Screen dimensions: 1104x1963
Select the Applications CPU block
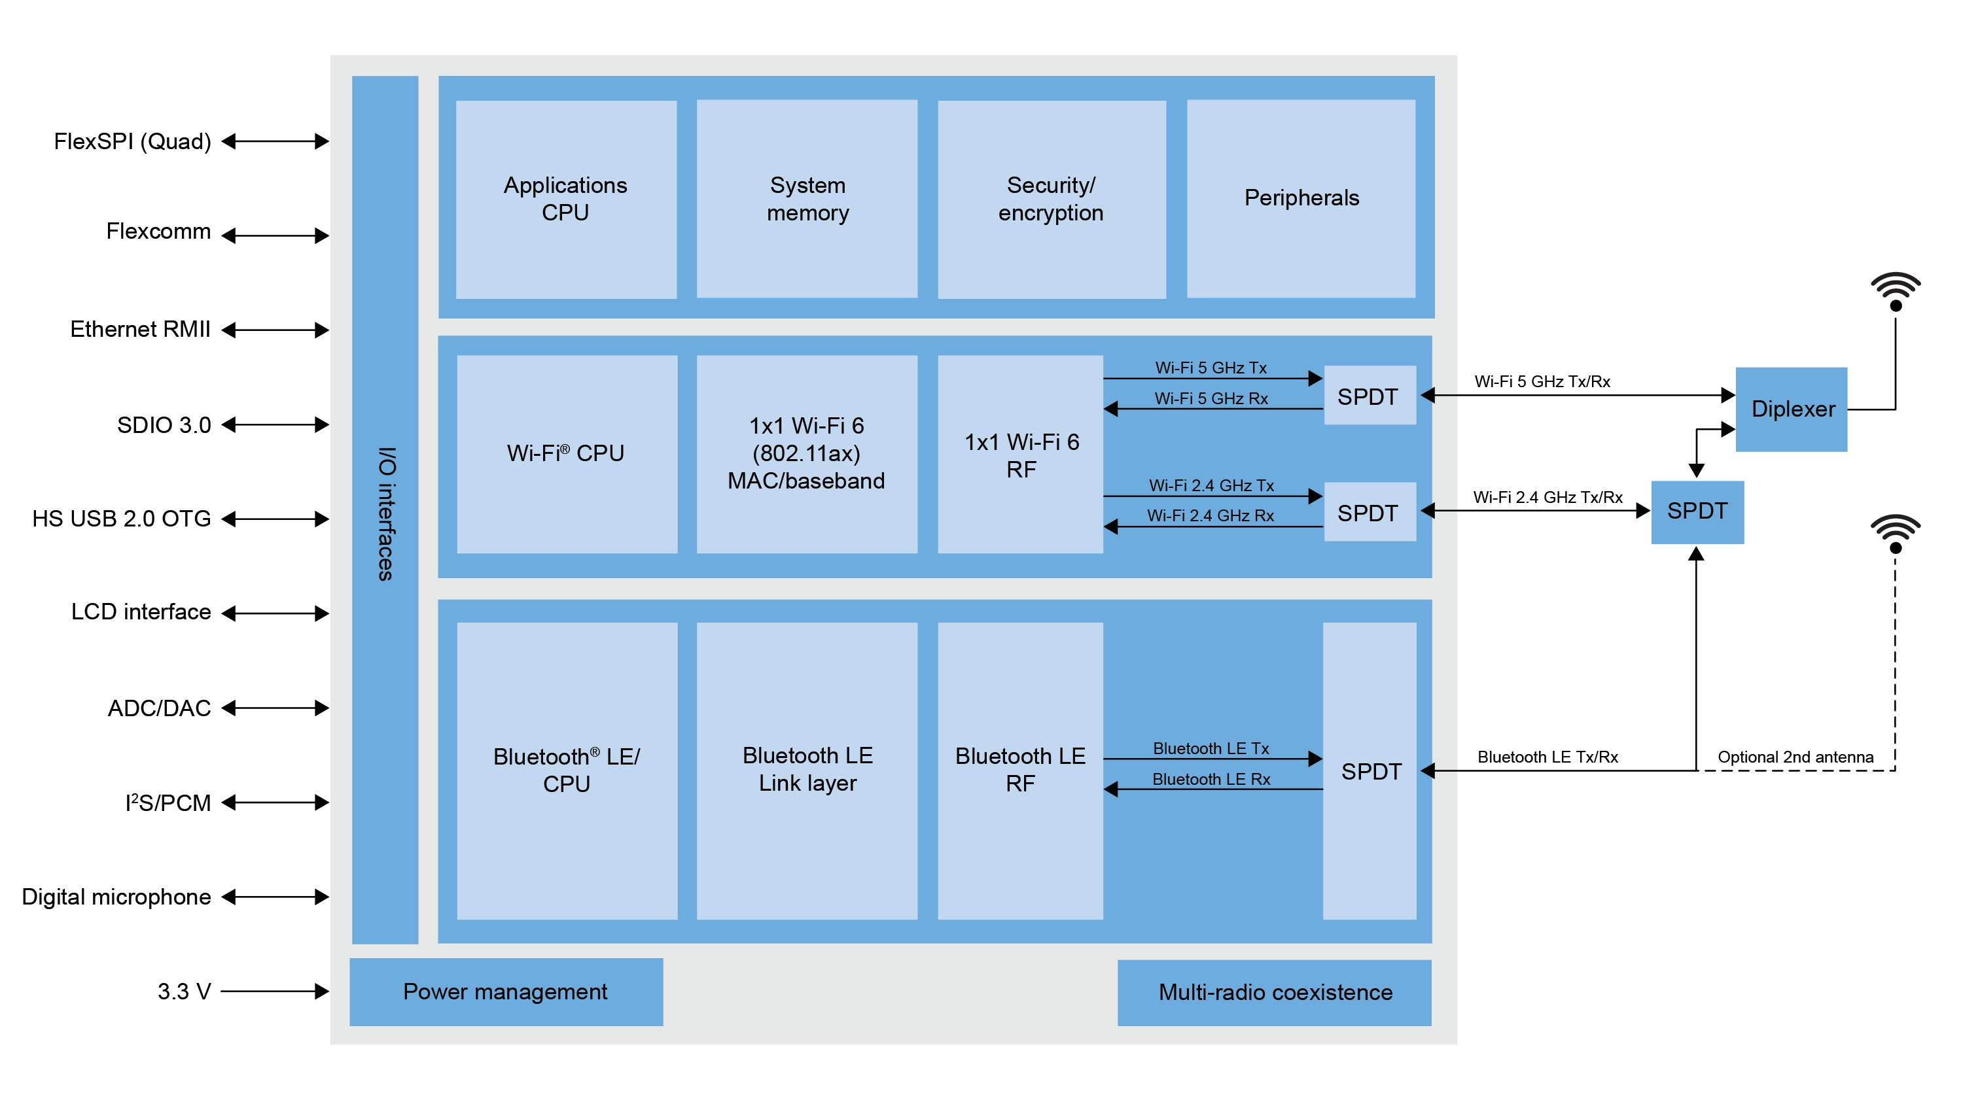565,199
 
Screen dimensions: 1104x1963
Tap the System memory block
807,199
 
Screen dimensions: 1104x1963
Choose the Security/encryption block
1051,199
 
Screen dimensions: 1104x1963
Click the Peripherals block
1301,198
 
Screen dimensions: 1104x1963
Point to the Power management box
505,992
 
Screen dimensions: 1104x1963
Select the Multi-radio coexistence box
1274,992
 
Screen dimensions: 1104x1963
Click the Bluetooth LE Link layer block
807,770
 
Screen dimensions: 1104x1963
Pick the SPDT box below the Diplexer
1697,511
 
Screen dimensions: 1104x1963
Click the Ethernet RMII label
140,329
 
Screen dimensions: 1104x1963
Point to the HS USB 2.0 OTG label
121,519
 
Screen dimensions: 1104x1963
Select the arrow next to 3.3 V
274,992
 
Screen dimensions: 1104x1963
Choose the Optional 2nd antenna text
1795,757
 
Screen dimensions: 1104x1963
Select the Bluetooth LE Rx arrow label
1211,779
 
